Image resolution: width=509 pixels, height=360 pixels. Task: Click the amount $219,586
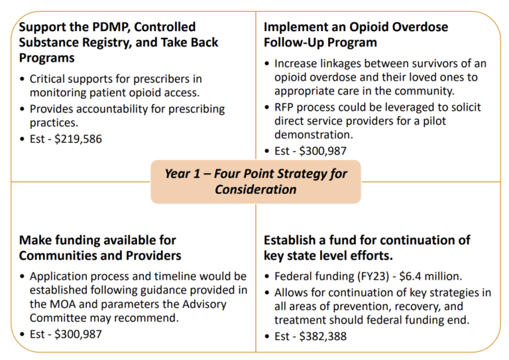click(x=78, y=139)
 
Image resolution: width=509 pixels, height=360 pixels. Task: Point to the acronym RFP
click(x=286, y=107)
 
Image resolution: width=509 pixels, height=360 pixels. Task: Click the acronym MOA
click(x=58, y=305)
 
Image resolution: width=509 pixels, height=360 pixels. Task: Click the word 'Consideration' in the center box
click(x=255, y=190)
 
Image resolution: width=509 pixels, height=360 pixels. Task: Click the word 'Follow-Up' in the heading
click(x=294, y=42)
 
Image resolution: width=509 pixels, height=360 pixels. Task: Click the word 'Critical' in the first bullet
click(x=48, y=79)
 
